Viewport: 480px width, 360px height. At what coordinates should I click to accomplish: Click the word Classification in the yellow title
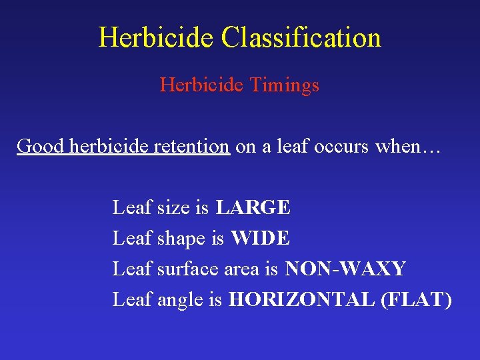301,37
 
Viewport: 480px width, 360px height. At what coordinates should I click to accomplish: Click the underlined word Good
37,146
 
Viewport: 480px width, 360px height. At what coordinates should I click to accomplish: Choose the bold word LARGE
253,208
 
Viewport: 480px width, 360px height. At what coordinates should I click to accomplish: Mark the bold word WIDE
261,238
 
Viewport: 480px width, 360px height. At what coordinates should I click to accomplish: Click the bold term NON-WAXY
345,269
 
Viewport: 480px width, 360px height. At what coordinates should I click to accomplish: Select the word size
173,208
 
